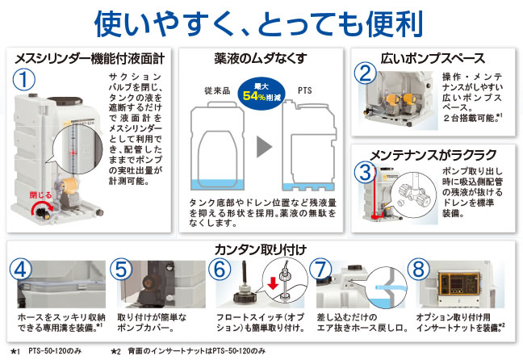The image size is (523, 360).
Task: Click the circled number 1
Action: coord(24,79)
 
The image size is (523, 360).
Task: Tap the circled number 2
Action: coord(366,73)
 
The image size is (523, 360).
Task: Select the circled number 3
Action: coord(365,172)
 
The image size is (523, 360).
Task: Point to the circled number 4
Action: coord(21,270)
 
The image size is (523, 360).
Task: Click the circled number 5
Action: coord(121,270)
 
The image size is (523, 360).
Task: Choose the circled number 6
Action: coord(220,270)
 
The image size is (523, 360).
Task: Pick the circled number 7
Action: coord(320,270)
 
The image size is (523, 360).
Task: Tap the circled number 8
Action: coord(419,270)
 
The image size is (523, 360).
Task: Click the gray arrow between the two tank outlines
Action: coord(264,147)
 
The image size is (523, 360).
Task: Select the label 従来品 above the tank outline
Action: coord(217,90)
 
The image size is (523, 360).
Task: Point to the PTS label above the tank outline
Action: coord(305,90)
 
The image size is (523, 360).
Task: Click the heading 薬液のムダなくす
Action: coord(261,59)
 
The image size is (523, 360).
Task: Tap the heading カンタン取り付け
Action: coord(261,249)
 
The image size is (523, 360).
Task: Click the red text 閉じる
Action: coord(40,195)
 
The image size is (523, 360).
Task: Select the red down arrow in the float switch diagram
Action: coord(273,283)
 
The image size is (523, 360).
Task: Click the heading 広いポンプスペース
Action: coord(433,59)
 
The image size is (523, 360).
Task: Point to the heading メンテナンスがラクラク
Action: coord(433,155)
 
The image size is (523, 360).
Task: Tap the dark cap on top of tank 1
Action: coord(65,100)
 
